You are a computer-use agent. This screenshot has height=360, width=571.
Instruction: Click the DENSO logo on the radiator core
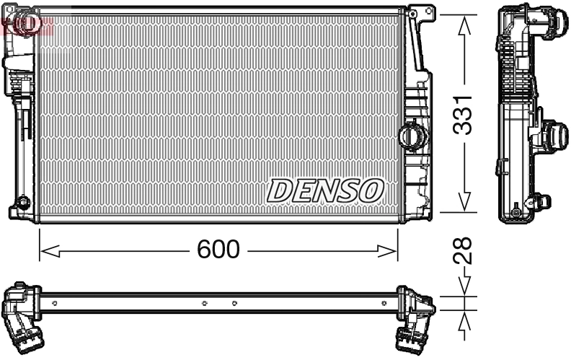324,190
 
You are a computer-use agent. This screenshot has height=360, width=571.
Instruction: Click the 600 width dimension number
218,250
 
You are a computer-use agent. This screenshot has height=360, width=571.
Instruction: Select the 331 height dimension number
465,113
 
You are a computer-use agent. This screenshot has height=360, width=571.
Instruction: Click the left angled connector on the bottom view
23,325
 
